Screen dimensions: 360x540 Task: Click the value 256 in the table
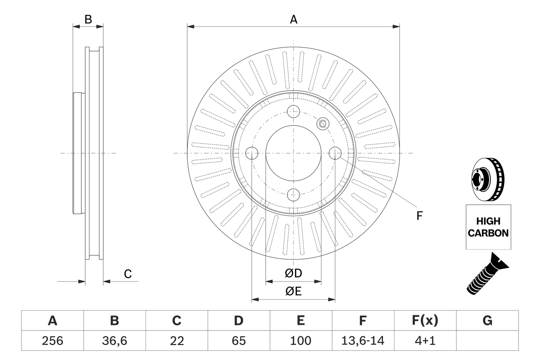(52, 341)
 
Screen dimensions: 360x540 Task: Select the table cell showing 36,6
(114, 341)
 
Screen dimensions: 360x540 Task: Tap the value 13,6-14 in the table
(363, 341)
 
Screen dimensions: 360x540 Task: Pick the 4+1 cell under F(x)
(425, 341)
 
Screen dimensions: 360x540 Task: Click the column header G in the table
(487, 321)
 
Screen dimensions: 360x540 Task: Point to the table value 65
(239, 341)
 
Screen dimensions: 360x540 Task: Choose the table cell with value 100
(301, 341)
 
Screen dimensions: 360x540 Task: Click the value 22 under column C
(177, 341)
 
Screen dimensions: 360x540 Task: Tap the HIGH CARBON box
(488, 227)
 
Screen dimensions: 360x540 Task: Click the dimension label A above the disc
(294, 19)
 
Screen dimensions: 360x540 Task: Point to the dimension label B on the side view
(88, 19)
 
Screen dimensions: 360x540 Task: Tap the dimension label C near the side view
(127, 274)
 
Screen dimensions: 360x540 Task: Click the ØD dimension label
(294, 273)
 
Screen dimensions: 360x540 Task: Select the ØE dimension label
(294, 292)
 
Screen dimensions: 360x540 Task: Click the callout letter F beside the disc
(419, 216)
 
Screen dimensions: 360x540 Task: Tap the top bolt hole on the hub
(293, 112)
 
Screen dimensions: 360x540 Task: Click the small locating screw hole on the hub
(323, 123)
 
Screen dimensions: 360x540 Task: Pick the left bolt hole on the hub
(252, 153)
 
